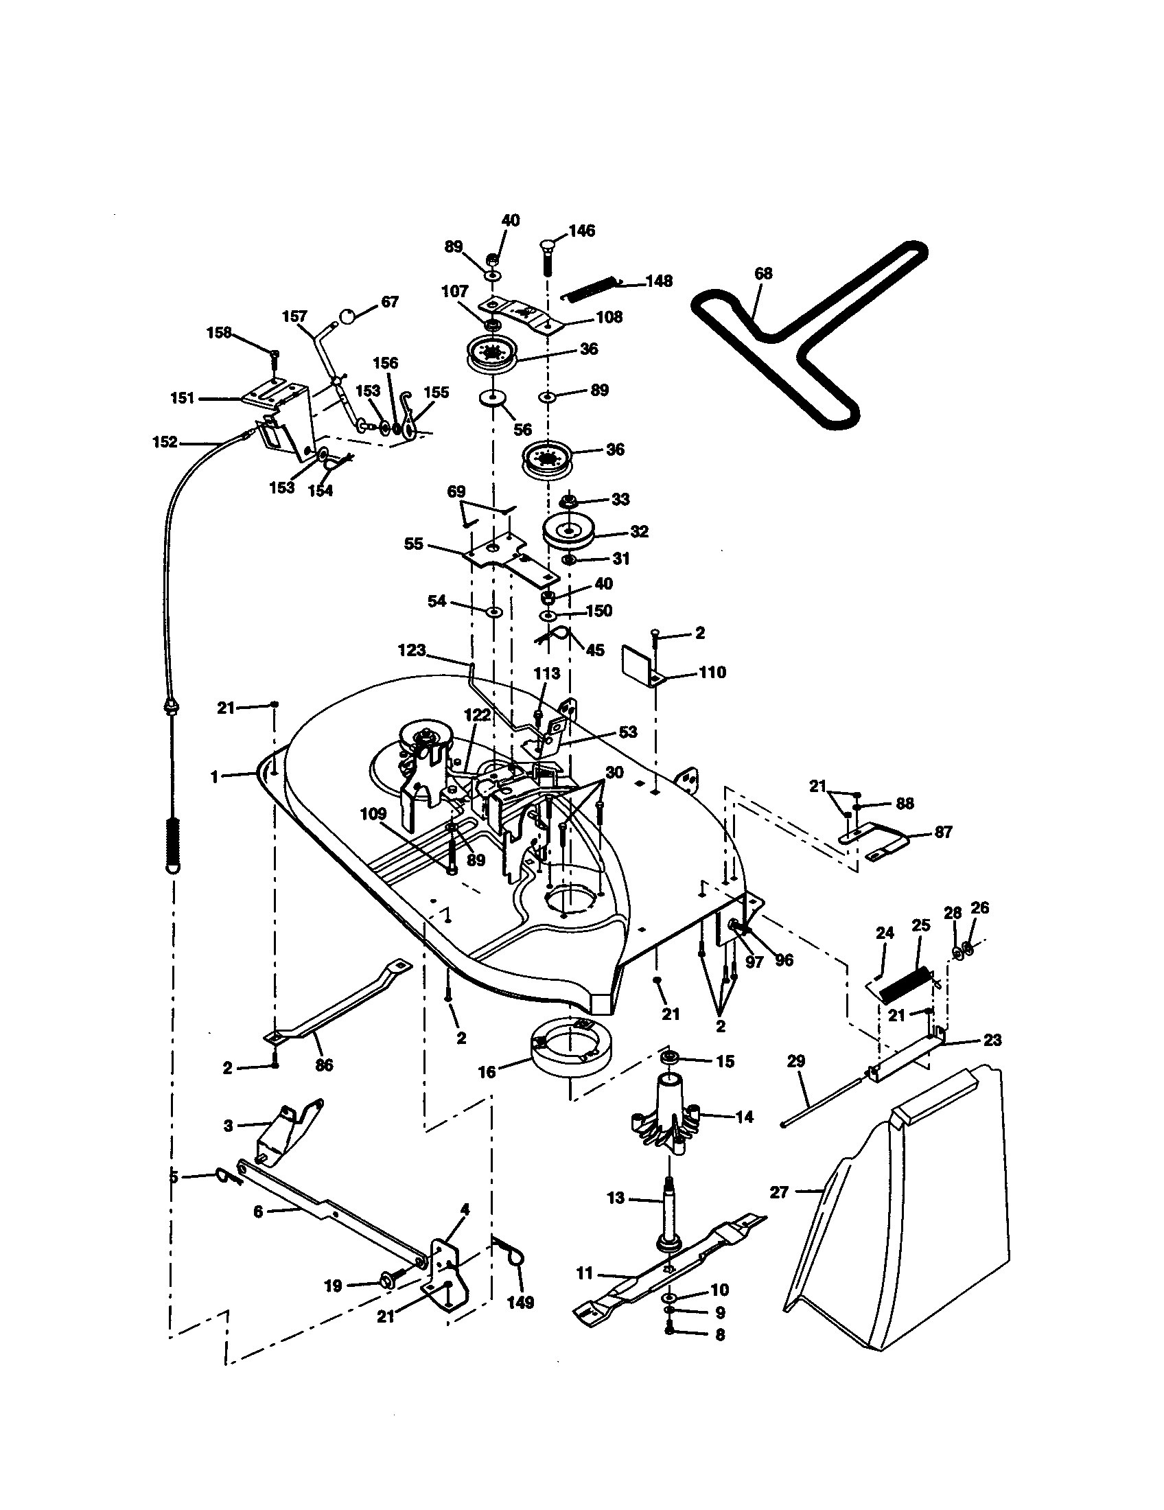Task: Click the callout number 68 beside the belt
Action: coord(763,274)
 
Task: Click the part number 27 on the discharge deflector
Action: coord(779,1192)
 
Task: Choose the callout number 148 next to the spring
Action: coord(659,281)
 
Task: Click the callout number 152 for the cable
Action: coord(165,442)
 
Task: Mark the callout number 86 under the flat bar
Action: coord(323,1065)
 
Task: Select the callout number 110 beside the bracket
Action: coord(712,672)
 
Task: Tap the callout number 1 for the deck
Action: coord(215,777)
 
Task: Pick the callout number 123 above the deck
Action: coord(412,651)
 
